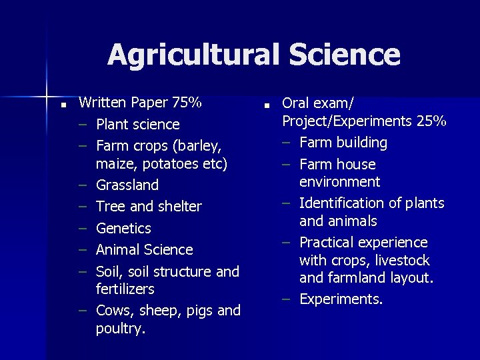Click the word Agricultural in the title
(189, 55)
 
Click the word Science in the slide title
(339, 55)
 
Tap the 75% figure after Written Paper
(187, 103)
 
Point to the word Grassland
(127, 185)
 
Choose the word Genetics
(123, 228)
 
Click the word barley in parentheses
(203, 145)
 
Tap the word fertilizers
(125, 289)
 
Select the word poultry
(120, 329)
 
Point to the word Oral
(297, 103)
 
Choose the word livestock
(400, 260)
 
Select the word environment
(339, 182)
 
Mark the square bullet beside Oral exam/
(265, 105)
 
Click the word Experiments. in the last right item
(341, 299)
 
